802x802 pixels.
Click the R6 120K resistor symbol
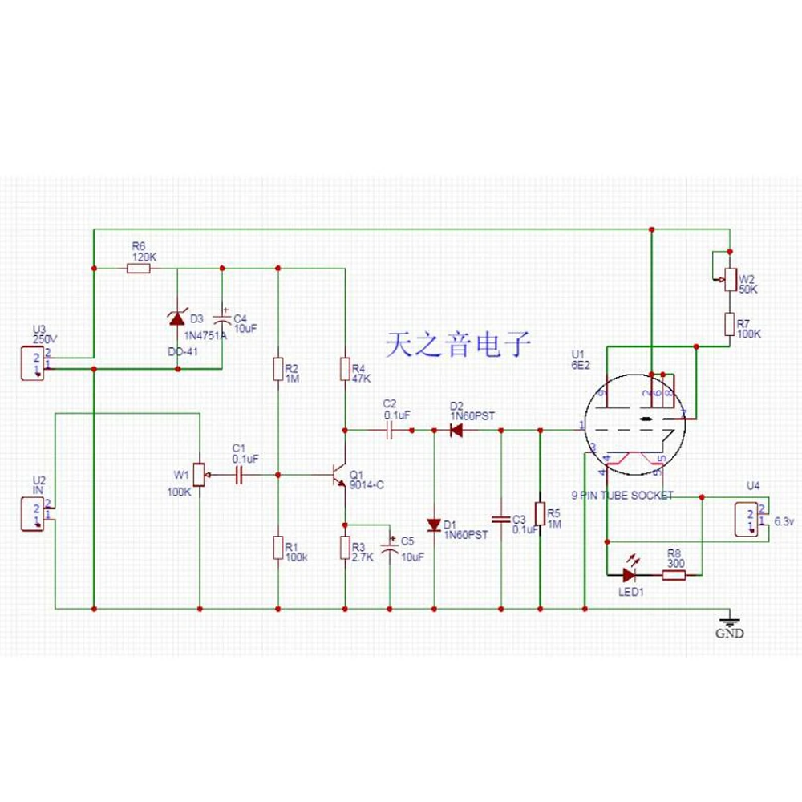(138, 269)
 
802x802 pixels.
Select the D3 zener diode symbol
(177, 318)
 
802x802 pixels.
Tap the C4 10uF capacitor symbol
(221, 318)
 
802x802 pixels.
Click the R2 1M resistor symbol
(277, 369)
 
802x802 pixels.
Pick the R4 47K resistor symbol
(345, 369)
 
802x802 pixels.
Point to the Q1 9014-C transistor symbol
(338, 475)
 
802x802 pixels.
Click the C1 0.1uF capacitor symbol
(238, 476)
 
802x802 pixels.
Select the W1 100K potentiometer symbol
(200, 476)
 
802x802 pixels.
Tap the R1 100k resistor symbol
(277, 548)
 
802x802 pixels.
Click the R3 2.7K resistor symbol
(345, 548)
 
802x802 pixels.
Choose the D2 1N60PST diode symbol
(456, 431)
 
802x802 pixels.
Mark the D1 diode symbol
(434, 525)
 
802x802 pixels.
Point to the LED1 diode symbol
(630, 573)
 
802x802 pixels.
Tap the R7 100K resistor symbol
(729, 323)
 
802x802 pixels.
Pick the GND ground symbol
(729, 620)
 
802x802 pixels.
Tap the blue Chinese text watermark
(458, 345)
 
